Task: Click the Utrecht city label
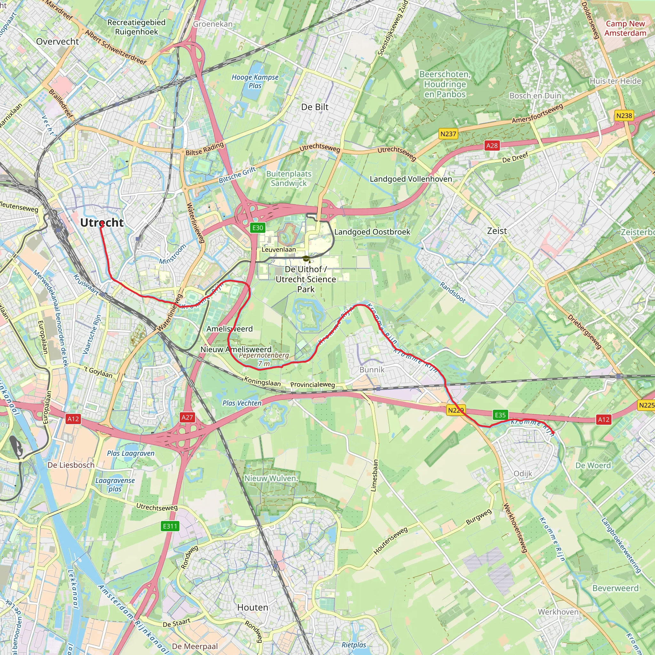pyautogui.click(x=102, y=223)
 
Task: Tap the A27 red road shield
pyautogui.click(x=187, y=417)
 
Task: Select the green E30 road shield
pyautogui.click(x=258, y=228)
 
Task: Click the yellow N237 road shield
pyautogui.click(x=448, y=134)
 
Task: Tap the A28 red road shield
pyautogui.click(x=492, y=146)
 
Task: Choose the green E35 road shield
pyautogui.click(x=501, y=415)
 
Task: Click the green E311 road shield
pyautogui.click(x=170, y=526)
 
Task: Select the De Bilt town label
pyautogui.click(x=315, y=107)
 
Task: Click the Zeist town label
pyautogui.click(x=497, y=231)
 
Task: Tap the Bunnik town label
pyautogui.click(x=372, y=369)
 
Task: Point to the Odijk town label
pyautogui.click(x=523, y=474)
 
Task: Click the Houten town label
pyautogui.click(x=253, y=608)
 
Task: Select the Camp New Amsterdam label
pyautogui.click(x=625, y=28)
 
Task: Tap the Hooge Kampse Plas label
pyautogui.click(x=255, y=81)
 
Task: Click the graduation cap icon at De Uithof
pyautogui.click(x=306, y=259)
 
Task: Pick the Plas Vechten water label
pyautogui.click(x=242, y=403)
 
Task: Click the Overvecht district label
pyautogui.click(x=57, y=41)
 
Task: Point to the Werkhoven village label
pyautogui.click(x=558, y=612)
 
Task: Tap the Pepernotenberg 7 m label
pyautogui.click(x=264, y=359)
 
